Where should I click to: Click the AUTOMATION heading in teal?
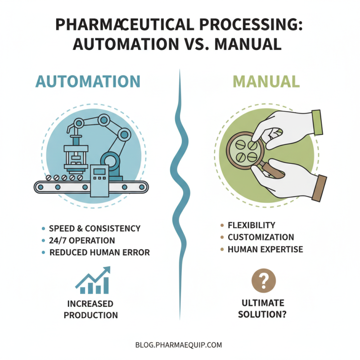click(88, 81)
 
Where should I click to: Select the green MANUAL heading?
click(267, 81)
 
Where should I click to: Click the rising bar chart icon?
click(93, 281)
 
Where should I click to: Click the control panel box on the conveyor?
click(99, 180)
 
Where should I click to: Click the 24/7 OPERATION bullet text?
click(82, 241)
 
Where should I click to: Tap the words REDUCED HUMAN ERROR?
click(99, 253)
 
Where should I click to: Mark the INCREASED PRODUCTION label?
click(90, 310)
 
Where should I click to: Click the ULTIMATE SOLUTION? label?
click(263, 309)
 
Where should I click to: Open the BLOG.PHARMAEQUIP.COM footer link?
click(179, 346)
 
